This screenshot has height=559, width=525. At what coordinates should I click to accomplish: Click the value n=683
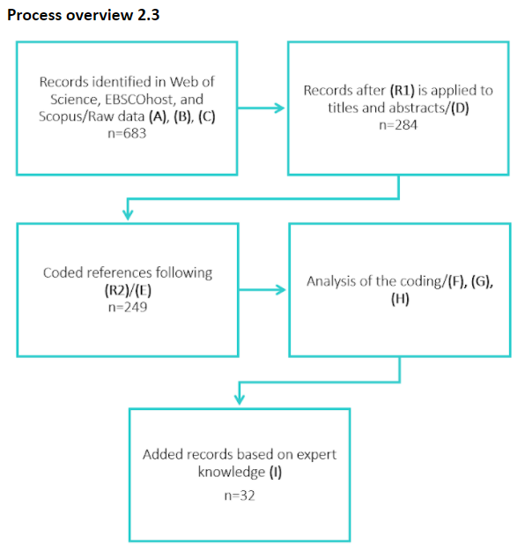point(128,134)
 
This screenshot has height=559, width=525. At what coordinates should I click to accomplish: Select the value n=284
point(398,125)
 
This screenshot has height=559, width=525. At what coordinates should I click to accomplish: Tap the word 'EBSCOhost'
point(130,99)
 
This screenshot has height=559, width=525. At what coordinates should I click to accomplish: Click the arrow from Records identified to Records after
point(262,108)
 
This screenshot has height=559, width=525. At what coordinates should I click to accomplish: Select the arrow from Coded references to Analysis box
point(262,289)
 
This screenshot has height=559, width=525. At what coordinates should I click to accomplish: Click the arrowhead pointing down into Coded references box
point(128,214)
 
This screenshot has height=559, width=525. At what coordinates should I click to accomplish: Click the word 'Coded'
point(63,272)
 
